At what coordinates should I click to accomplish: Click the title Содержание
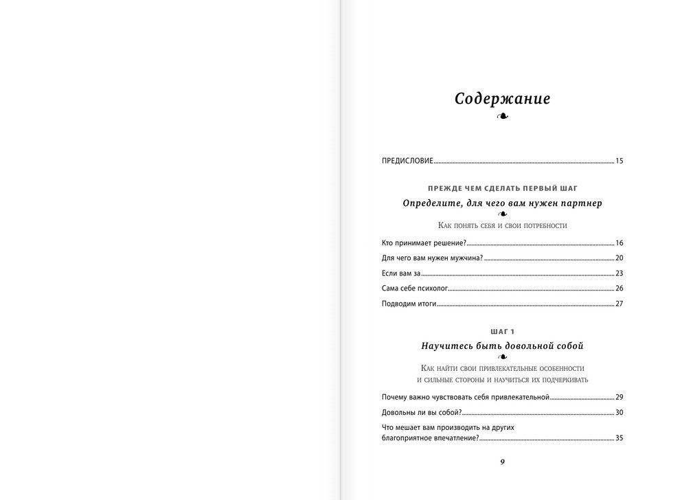click(x=502, y=99)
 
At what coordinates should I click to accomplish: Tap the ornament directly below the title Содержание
click(x=502, y=117)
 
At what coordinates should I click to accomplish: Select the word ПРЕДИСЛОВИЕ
click(x=407, y=161)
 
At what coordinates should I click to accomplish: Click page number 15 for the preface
click(x=619, y=161)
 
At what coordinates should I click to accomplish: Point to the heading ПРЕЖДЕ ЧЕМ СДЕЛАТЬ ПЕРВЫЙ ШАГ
click(x=502, y=188)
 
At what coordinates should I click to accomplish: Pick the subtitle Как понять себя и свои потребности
click(x=502, y=225)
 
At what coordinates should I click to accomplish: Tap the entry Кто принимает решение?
click(x=424, y=243)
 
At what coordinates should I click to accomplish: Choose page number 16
click(x=619, y=243)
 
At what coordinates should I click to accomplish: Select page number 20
click(x=619, y=258)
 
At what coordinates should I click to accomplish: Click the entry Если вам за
click(x=401, y=273)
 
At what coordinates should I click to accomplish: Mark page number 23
click(x=619, y=273)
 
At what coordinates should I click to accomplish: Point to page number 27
click(x=619, y=304)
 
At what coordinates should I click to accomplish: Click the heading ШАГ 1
click(x=502, y=332)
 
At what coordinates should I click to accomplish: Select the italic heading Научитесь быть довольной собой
click(x=502, y=346)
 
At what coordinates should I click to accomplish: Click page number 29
click(x=619, y=397)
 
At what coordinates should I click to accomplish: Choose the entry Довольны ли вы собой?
click(x=422, y=412)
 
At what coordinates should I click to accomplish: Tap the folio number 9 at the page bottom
click(x=502, y=462)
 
